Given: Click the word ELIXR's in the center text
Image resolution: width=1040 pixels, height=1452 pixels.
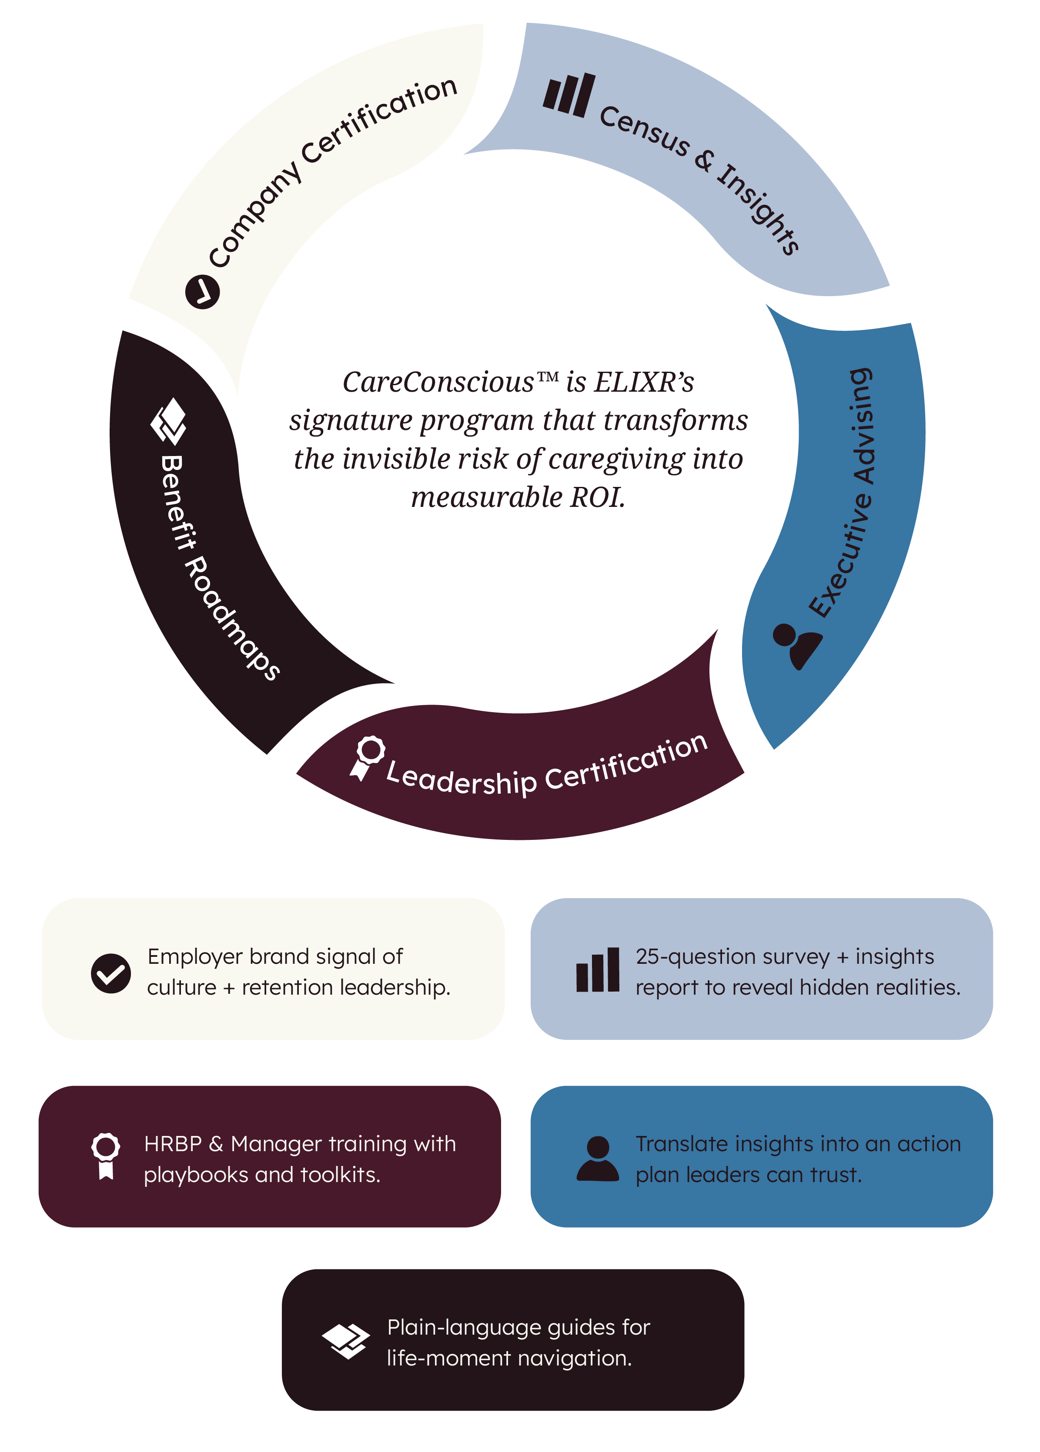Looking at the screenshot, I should point(644,382).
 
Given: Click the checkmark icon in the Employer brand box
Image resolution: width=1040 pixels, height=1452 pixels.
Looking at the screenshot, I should point(111,972).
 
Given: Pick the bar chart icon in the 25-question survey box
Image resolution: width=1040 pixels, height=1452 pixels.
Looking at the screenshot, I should point(598,970).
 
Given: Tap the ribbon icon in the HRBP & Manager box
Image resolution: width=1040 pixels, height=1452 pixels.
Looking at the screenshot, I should point(106,1156).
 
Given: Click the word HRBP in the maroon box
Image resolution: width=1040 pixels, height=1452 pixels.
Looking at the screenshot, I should point(172,1143).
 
